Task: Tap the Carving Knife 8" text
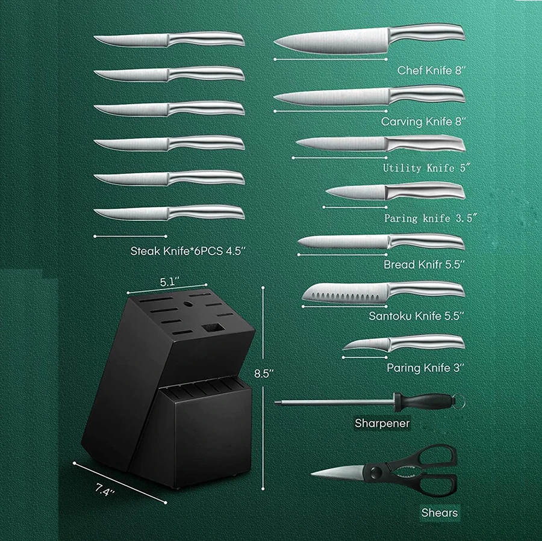click(424, 121)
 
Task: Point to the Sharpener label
click(382, 423)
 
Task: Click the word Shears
click(439, 513)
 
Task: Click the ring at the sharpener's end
click(459, 400)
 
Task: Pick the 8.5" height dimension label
click(264, 373)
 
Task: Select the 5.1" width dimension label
click(172, 281)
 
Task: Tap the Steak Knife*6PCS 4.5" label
click(188, 251)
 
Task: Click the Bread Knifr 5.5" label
click(424, 264)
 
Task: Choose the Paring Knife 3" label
click(426, 367)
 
